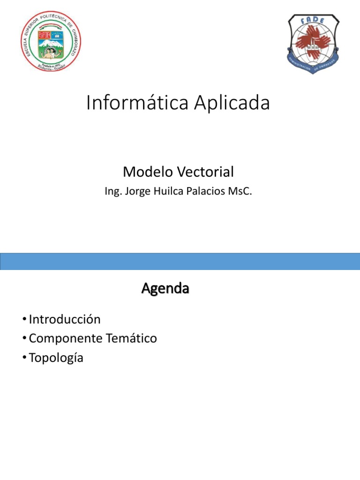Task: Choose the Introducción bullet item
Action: (65, 319)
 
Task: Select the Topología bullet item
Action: (56, 358)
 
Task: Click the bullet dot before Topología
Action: (23, 358)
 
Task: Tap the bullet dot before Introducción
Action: (23, 320)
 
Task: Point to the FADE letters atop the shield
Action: (313, 20)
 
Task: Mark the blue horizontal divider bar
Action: (180, 262)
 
